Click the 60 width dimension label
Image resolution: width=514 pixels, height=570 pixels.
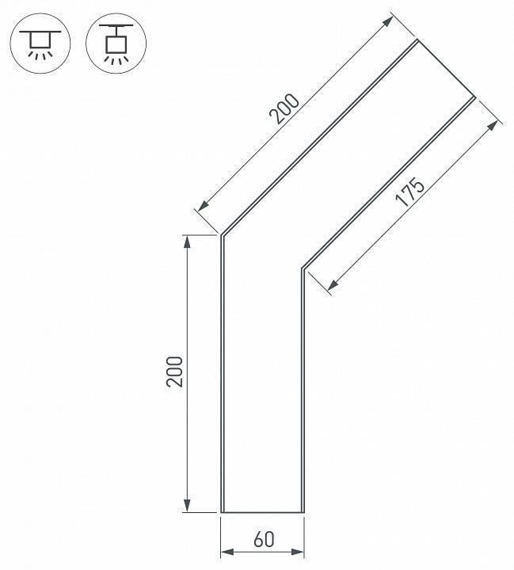tap(264, 539)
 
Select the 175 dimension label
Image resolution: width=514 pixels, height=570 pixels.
tap(410, 192)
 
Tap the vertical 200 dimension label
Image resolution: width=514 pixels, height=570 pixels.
tap(174, 371)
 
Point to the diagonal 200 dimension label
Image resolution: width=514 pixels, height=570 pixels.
tap(284, 108)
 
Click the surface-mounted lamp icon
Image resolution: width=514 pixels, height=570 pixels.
tap(40, 44)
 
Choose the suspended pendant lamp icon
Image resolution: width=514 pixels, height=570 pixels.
tap(116, 44)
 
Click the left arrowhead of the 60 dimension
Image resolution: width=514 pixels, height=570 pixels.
tap(227, 553)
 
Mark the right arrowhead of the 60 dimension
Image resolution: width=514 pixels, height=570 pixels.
tap(298, 553)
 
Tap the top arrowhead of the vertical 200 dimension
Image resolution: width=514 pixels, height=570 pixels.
tap(188, 241)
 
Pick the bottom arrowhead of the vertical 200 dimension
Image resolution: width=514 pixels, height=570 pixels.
tap(188, 506)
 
